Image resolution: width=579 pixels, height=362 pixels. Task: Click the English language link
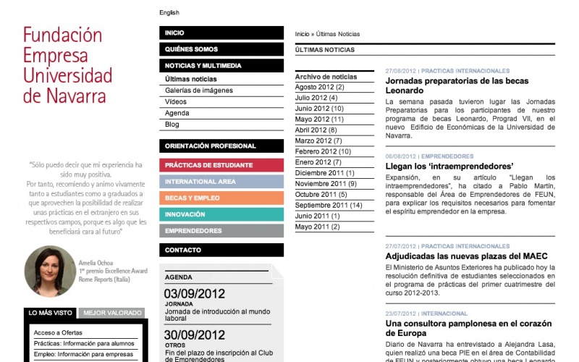click(169, 12)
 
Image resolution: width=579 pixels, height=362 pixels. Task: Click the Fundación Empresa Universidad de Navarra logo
click(67, 65)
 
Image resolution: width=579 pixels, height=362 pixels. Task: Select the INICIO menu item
click(221, 33)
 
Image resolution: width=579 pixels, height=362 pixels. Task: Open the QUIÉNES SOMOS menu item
click(221, 49)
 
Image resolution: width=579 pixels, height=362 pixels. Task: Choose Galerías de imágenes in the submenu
click(199, 90)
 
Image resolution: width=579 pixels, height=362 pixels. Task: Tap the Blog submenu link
click(172, 125)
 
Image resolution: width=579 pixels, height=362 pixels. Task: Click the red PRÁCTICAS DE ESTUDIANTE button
click(221, 165)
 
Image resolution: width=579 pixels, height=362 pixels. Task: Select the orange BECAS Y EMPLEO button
click(221, 198)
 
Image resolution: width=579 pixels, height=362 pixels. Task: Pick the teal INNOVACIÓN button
click(221, 214)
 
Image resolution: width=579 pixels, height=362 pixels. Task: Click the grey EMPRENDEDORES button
click(221, 231)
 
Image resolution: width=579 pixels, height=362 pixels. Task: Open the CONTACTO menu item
click(221, 250)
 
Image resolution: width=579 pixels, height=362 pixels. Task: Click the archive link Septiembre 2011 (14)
click(329, 206)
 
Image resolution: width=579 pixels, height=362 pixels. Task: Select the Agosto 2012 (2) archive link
click(319, 87)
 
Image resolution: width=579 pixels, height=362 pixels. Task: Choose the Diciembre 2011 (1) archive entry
click(324, 173)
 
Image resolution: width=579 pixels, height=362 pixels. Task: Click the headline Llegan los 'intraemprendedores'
click(449, 166)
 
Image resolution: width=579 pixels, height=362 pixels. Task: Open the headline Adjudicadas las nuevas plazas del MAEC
click(466, 256)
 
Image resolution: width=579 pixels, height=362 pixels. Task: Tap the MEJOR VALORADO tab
click(112, 313)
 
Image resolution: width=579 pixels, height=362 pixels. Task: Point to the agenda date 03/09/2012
click(195, 294)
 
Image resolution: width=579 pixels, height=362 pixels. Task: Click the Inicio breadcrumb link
click(302, 34)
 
